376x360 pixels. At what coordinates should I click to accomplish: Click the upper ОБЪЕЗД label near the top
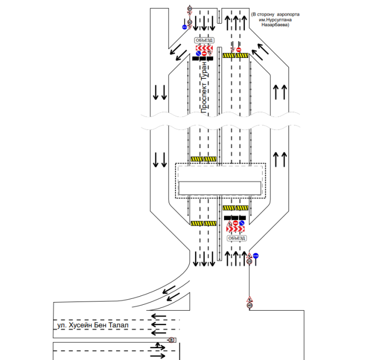[x=204, y=40]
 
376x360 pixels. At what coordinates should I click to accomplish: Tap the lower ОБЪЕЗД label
[x=236, y=238]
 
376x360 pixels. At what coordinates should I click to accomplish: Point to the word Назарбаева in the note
[x=274, y=25]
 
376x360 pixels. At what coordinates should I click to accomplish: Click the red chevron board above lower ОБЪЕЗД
[x=236, y=229]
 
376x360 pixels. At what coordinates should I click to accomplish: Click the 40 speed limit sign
[x=250, y=306]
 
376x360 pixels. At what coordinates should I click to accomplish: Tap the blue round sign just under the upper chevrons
[x=198, y=53]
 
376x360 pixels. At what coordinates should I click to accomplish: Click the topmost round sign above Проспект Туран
[x=190, y=8]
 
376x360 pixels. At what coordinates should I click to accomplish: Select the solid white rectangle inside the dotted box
[x=220, y=187]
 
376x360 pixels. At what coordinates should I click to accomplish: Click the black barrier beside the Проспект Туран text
[x=203, y=58]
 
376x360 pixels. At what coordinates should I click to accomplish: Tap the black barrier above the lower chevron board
[x=235, y=217]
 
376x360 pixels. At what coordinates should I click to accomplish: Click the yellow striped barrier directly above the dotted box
[x=203, y=159]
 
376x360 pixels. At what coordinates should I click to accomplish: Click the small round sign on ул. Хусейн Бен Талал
[x=171, y=340]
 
